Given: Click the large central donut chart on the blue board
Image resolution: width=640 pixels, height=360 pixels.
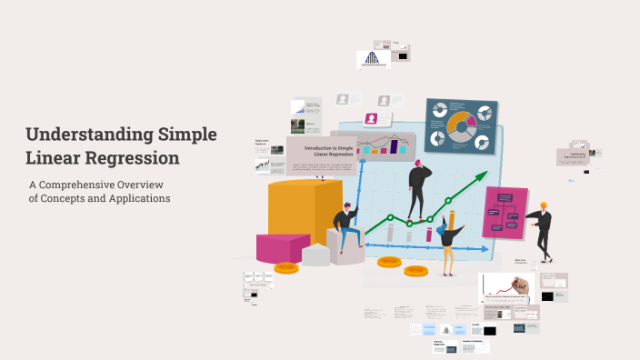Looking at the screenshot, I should click(x=460, y=125).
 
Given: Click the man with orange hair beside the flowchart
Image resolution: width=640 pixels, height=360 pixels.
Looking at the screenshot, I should click(x=541, y=229).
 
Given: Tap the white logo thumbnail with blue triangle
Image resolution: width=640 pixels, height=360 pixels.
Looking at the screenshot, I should click(x=373, y=58).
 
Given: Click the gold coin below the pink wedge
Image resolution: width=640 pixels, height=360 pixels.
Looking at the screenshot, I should click(x=286, y=267).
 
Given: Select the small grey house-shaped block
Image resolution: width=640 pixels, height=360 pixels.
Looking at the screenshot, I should click(x=316, y=255).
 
